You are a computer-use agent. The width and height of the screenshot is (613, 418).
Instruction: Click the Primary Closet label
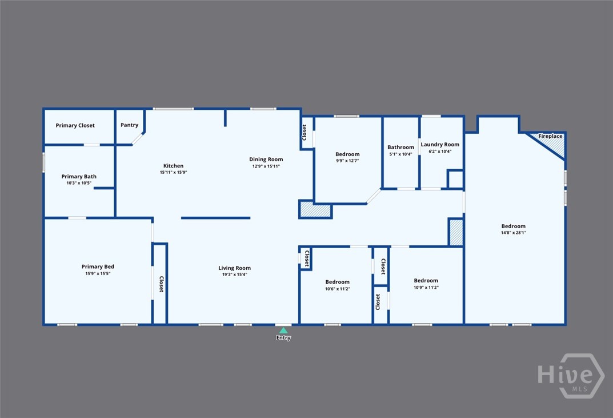click(x=75, y=126)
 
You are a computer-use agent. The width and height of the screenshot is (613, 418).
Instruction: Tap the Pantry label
click(x=130, y=125)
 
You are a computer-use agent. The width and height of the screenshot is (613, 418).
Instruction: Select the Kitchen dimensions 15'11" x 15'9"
click(x=173, y=172)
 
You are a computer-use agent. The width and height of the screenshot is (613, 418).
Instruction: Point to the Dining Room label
click(x=266, y=160)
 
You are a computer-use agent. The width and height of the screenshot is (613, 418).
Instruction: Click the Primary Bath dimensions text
click(x=79, y=183)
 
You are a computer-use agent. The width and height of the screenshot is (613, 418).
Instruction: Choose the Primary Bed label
click(x=98, y=266)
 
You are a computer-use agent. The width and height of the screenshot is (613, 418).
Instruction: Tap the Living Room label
click(x=235, y=268)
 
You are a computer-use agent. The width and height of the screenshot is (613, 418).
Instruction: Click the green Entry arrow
click(x=283, y=331)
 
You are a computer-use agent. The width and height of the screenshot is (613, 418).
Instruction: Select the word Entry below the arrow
click(x=283, y=338)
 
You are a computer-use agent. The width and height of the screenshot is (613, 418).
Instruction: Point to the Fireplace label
click(x=550, y=136)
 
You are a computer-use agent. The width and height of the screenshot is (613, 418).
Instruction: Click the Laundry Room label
click(x=440, y=145)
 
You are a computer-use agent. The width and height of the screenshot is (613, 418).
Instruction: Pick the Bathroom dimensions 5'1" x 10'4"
click(x=400, y=154)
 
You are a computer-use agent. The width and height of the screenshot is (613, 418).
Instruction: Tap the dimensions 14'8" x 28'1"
click(x=514, y=233)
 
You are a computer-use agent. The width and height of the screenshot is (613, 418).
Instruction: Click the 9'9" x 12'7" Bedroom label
click(x=347, y=154)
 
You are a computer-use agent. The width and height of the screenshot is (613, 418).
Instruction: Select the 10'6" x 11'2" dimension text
click(x=338, y=289)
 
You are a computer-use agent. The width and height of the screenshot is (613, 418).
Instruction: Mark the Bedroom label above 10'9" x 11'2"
click(x=426, y=281)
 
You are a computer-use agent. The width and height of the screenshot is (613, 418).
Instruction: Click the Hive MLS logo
click(x=571, y=376)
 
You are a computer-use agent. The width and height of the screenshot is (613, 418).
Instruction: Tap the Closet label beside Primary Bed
click(x=161, y=284)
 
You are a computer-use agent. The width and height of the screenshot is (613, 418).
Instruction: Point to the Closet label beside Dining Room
click(x=305, y=132)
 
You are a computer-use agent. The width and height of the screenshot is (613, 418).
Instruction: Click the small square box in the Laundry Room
click(x=455, y=179)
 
